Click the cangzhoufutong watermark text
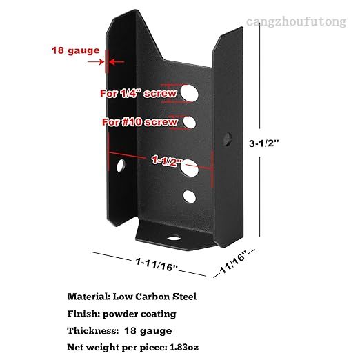pyautogui.click(x=296, y=23)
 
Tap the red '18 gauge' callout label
pyautogui.click(x=76, y=50)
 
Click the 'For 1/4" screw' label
pyautogui.click(x=139, y=94)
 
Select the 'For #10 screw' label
pyautogui.click(x=140, y=122)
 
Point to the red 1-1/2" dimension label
pyautogui.click(x=167, y=161)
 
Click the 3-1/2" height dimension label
pyautogui.click(x=264, y=143)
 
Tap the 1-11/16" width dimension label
pyautogui.click(x=157, y=264)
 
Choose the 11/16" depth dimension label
pyautogui.click(x=233, y=263)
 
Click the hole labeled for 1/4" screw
pyautogui.click(x=190, y=93)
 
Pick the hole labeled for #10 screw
pyautogui.click(x=190, y=122)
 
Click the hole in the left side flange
pyautogui.click(x=121, y=166)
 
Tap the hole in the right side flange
pyautogui.click(x=228, y=139)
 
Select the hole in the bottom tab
pyautogui.click(x=174, y=238)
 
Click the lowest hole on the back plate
pyautogui.click(x=190, y=197)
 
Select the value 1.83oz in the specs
pyautogui.click(x=184, y=348)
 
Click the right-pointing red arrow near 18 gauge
pyautogui.click(x=96, y=62)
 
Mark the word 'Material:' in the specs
pyautogui.click(x=89, y=297)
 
